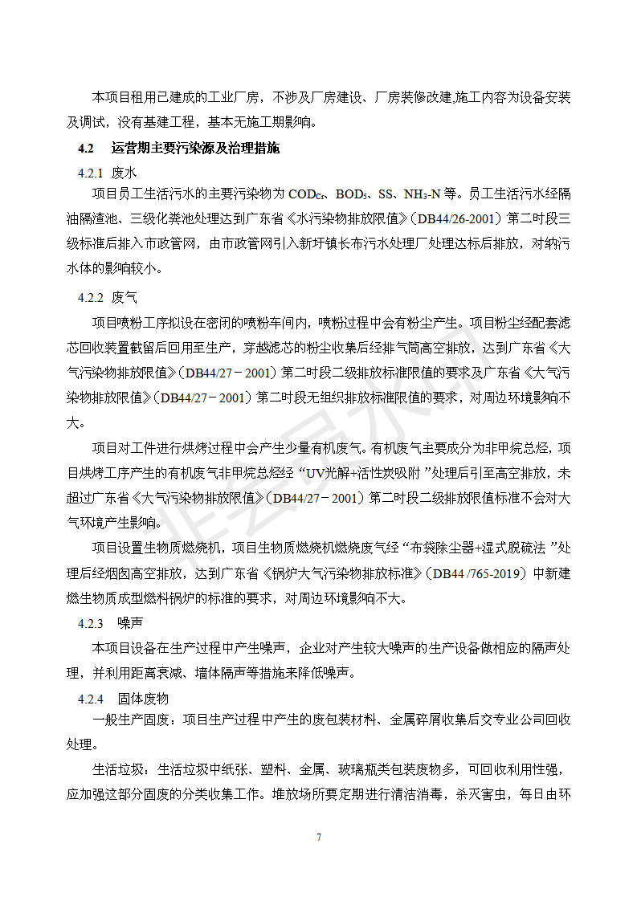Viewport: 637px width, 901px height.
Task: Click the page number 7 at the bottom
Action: coord(319,838)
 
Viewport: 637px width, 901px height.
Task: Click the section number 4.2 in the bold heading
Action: coord(86,149)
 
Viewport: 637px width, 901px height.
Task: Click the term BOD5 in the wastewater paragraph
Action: coord(351,194)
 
